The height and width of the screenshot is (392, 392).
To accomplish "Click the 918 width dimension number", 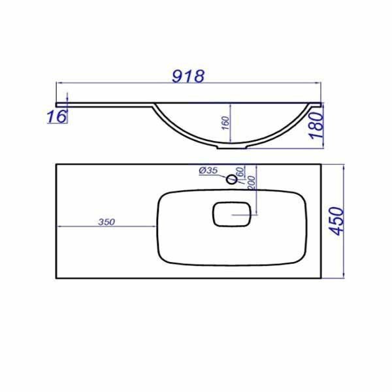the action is (188, 76).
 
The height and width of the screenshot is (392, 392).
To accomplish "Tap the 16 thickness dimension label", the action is (57, 116).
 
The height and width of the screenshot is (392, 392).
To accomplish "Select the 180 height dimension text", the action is (316, 125).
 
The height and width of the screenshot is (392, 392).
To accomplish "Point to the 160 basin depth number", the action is (225, 123).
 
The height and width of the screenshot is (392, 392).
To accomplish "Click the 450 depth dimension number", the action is (336, 221).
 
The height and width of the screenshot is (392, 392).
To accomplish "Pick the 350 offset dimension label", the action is (106, 222).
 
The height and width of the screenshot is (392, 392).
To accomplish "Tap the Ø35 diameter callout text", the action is (208, 171).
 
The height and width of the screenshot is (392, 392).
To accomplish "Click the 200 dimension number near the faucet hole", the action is (252, 183).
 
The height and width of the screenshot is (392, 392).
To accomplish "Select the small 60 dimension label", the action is (240, 172).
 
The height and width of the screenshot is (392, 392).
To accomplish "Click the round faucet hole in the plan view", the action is (231, 179).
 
